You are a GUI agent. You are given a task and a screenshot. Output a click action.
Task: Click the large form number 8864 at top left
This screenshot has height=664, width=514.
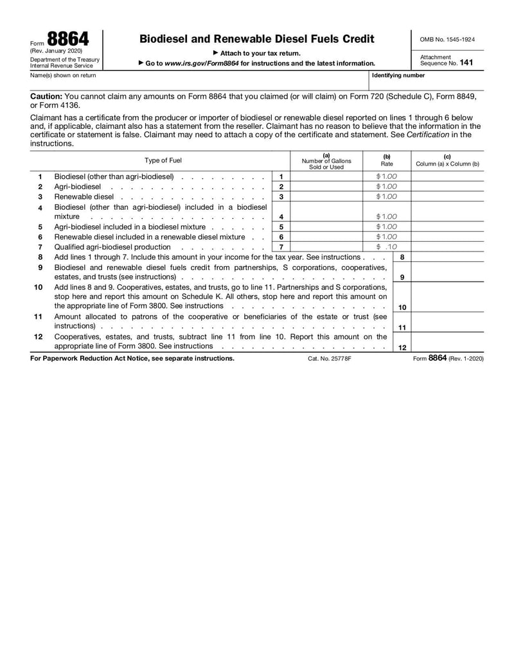tap(67, 39)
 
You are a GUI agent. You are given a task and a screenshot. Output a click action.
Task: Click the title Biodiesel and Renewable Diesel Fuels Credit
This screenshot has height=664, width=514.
tap(256, 39)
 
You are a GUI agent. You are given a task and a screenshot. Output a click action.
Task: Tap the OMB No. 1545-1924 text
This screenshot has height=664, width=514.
tap(447, 39)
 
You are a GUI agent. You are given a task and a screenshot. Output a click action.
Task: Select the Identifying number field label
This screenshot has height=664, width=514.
tap(398, 75)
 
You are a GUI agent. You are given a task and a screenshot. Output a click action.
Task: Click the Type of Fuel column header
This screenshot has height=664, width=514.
tap(163, 160)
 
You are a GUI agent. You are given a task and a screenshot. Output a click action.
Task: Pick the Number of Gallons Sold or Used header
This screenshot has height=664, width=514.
tap(326, 161)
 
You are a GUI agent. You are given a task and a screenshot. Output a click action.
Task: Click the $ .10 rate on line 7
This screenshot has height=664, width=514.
tap(387, 246)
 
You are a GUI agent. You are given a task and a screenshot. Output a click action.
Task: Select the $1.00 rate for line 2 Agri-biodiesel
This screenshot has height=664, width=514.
tap(387, 186)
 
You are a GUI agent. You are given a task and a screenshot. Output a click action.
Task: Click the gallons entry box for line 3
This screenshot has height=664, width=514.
tap(326, 196)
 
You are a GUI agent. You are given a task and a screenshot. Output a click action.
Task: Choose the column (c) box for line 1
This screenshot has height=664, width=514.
tap(447, 176)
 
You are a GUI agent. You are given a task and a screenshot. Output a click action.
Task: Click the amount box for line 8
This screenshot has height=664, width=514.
tap(447, 257)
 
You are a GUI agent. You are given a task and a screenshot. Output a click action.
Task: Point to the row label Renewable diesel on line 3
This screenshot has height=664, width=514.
tap(84, 196)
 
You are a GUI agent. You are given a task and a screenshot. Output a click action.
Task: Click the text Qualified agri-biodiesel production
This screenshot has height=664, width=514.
tap(112, 246)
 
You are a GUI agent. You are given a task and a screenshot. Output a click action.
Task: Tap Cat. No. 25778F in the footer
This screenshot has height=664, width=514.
tap(330, 359)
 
